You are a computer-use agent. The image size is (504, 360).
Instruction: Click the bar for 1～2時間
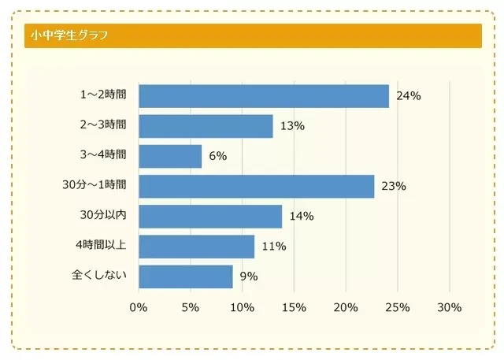click(264, 96)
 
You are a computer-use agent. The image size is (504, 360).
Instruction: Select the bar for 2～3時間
click(206, 126)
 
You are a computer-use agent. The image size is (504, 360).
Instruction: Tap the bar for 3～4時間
click(170, 156)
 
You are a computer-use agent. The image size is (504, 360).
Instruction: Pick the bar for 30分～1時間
click(256, 186)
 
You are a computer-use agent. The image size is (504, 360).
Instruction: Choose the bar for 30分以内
click(210, 216)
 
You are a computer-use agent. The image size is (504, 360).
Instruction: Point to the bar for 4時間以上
click(196, 246)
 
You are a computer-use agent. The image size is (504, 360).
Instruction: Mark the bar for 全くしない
click(186, 276)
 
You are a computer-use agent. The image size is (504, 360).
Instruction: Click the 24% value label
click(409, 96)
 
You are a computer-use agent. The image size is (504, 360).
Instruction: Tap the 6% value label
click(218, 156)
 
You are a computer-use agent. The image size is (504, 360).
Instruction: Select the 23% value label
click(394, 187)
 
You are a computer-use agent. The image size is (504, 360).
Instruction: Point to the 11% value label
click(274, 247)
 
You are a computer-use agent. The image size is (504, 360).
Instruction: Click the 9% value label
click(250, 276)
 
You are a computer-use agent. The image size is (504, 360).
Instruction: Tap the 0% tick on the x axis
click(139, 307)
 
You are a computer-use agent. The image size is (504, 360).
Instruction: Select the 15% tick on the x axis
click(294, 307)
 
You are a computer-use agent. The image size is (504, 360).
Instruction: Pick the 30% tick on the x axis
click(449, 307)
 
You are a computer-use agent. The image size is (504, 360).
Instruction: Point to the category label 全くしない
click(98, 276)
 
